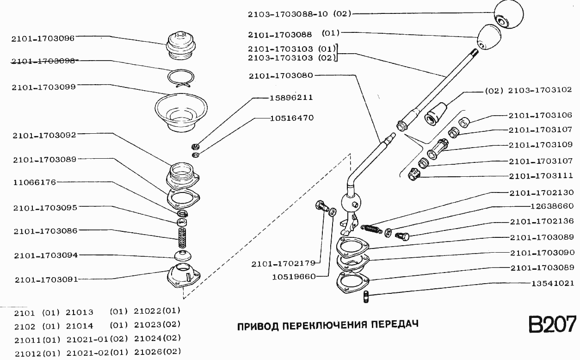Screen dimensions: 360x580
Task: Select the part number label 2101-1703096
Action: pyautogui.click(x=43, y=38)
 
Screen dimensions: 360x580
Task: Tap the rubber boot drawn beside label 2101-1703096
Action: pyautogui.click(x=181, y=44)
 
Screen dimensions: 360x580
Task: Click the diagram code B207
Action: pyautogui.click(x=552, y=324)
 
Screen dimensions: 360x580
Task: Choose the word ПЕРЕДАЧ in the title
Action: pyautogui.click(x=395, y=324)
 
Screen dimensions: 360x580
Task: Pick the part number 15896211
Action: pyautogui.click(x=291, y=98)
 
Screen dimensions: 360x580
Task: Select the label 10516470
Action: pyautogui.click(x=291, y=118)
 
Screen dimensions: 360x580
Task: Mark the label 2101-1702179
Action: pyautogui.click(x=283, y=264)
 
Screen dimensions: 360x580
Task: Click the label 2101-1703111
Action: pyautogui.click(x=541, y=176)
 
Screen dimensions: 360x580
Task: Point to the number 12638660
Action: pyautogui.click(x=552, y=206)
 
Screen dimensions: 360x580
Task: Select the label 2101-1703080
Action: pyautogui.click(x=280, y=75)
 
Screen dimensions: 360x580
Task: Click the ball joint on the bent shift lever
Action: pyautogui.click(x=350, y=203)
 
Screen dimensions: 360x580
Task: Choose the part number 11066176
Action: pyautogui.click(x=35, y=182)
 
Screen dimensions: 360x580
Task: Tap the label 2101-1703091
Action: pyautogui.click(x=46, y=279)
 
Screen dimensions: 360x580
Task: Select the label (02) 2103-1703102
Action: pyautogui.click(x=528, y=90)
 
